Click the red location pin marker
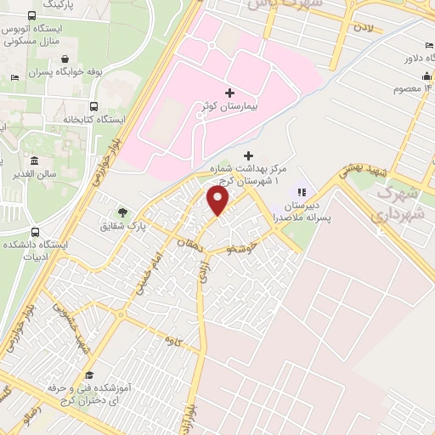(x=218, y=200)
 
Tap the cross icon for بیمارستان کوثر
(x=229, y=93)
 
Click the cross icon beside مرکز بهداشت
(x=248, y=155)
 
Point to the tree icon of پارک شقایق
(x=124, y=212)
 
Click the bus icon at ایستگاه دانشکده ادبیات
(x=34, y=231)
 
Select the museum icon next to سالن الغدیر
(x=34, y=161)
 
